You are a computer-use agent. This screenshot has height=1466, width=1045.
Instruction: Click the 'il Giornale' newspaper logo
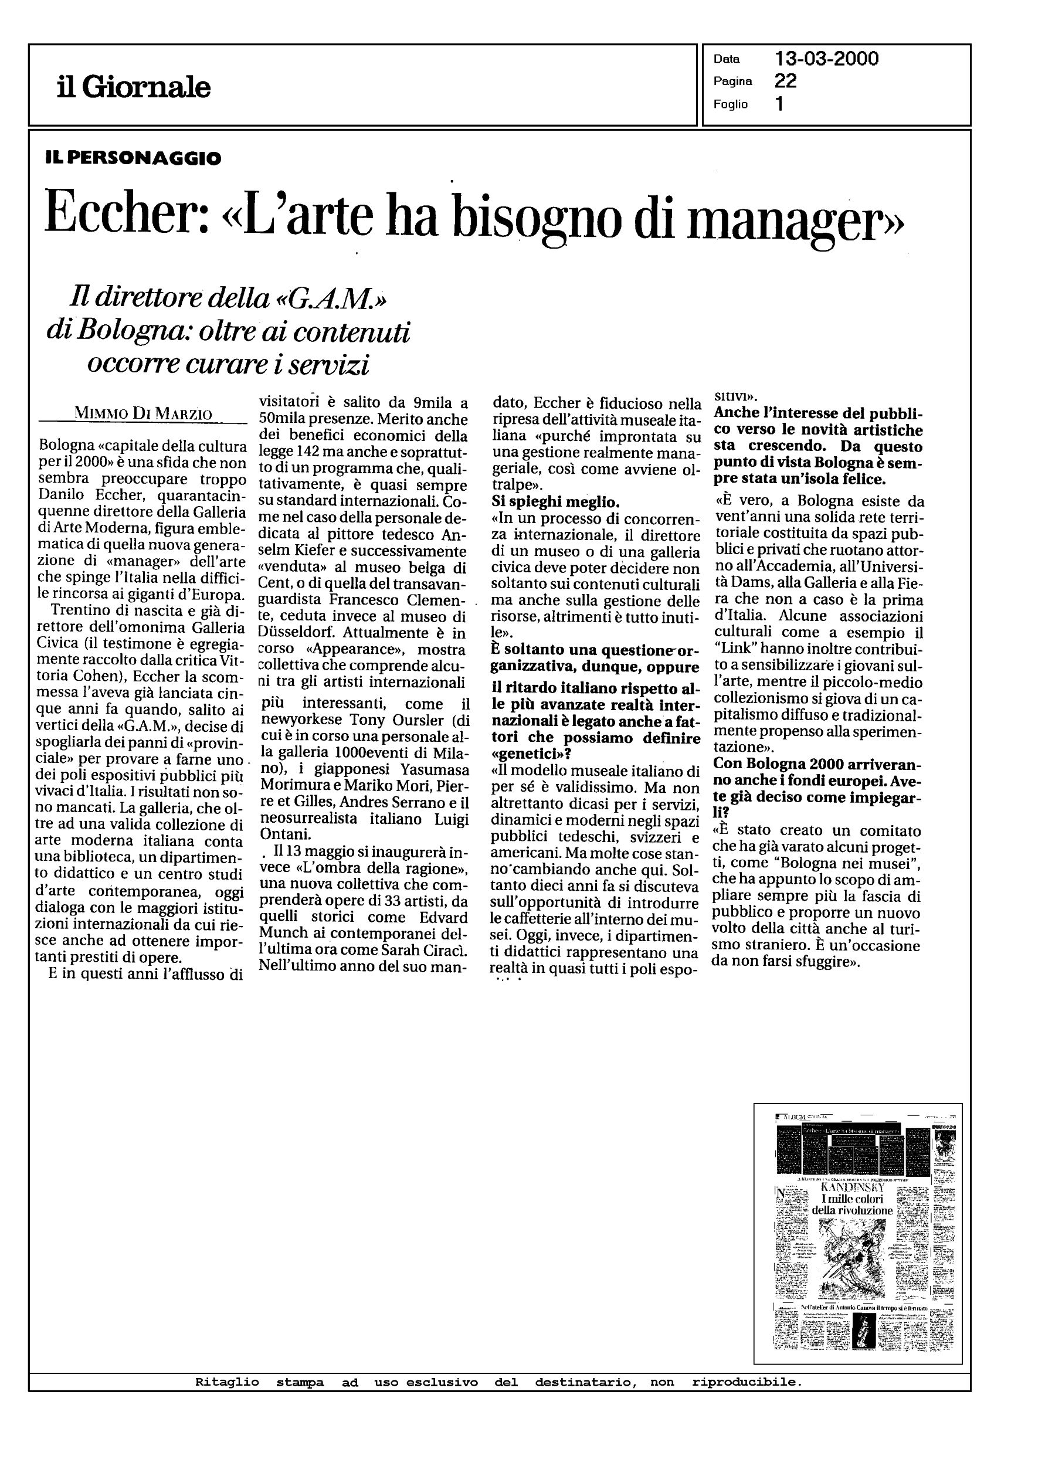[x=134, y=87]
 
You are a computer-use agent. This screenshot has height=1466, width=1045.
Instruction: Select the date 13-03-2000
[x=827, y=59]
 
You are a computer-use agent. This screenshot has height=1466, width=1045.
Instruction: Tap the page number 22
[x=786, y=81]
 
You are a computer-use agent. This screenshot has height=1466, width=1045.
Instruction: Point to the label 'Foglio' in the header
[x=730, y=104]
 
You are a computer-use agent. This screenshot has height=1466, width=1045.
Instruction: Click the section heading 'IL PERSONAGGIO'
[x=133, y=158]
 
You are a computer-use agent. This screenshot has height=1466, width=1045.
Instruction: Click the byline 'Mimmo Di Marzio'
[x=143, y=413]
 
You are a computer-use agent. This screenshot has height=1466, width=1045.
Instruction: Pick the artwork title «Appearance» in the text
[x=364, y=649]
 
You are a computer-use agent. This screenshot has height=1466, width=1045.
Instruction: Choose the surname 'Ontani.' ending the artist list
[x=284, y=835]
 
